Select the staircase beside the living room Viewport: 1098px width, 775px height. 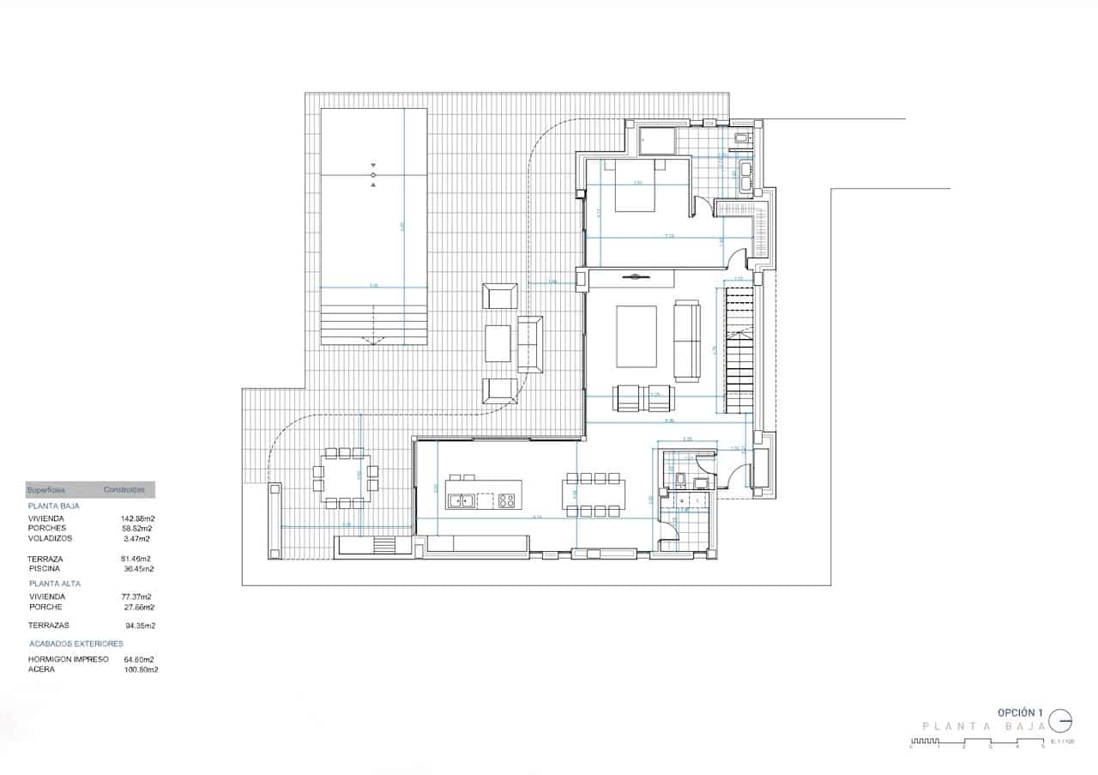coord(739,350)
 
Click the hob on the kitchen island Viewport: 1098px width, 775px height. coord(505,500)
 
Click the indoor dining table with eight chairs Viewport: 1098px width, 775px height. coord(594,494)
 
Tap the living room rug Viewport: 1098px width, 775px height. coord(636,337)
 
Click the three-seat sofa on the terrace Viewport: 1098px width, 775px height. coord(530,343)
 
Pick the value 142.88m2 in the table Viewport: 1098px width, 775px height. coord(137,518)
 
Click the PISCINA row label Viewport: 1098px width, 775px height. coord(44,568)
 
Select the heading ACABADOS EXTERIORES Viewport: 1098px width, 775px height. coord(75,643)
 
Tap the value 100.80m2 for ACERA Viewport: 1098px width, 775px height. coord(141,669)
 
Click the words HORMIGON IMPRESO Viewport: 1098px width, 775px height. coord(68,659)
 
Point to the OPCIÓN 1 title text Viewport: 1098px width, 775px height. coord(1020,712)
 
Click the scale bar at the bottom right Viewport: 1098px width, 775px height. coord(978,742)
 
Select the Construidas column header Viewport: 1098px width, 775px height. coord(124,490)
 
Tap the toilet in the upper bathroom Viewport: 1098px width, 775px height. coord(742,137)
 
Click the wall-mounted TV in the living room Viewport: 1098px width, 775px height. coord(636,276)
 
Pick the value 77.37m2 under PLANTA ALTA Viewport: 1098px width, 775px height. coord(136,596)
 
